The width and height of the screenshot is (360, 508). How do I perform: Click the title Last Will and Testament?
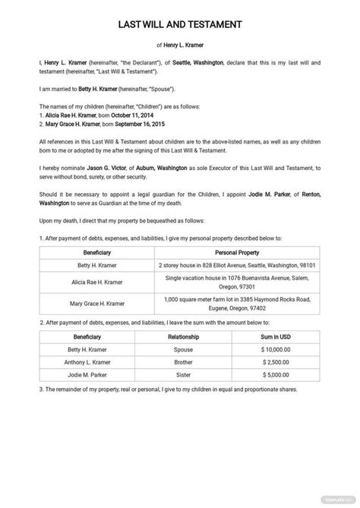pyautogui.click(x=180, y=24)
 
